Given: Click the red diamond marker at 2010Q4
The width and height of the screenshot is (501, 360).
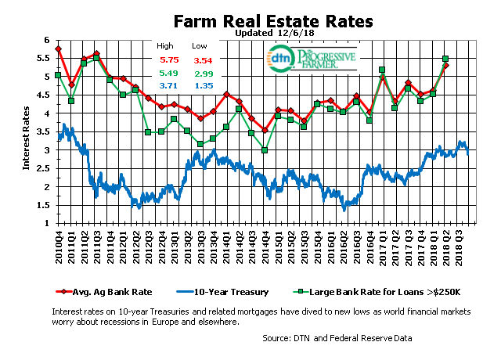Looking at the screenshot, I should coord(59,49).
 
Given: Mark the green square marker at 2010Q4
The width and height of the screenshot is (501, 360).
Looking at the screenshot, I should coord(59,75).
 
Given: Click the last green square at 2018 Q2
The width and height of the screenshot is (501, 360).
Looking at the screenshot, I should coord(445,59).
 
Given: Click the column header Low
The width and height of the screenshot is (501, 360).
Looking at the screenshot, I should coord(202,46).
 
